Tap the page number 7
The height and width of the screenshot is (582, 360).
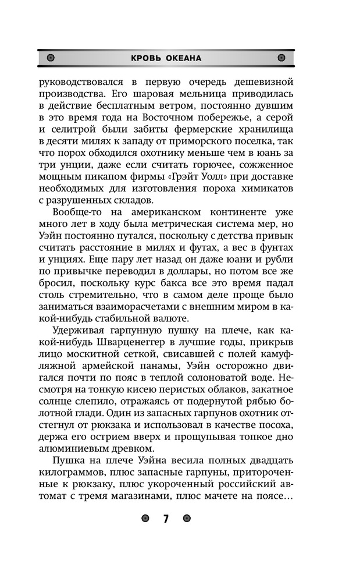click(x=166, y=519)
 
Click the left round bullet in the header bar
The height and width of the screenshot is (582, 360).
click(x=51, y=58)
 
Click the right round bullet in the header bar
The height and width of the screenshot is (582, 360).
click(x=281, y=58)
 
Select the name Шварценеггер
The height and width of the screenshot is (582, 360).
click(x=132, y=343)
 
